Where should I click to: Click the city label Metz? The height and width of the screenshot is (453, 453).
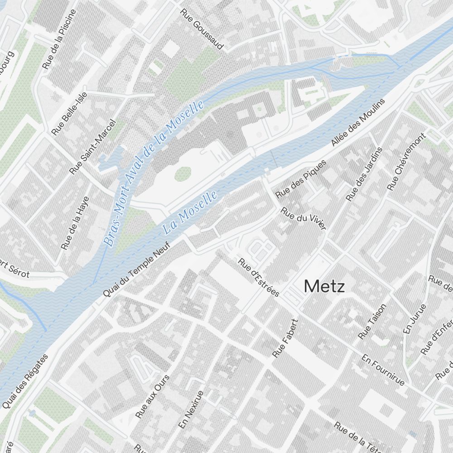click(324, 286)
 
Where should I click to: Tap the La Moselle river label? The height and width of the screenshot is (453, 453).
click(190, 212)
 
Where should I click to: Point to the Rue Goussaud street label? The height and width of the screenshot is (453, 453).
click(202, 29)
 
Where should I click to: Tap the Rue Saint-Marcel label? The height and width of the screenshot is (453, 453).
click(92, 146)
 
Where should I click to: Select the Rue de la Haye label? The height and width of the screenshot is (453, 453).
click(75, 222)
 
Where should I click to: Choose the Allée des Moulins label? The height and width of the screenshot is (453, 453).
click(358, 122)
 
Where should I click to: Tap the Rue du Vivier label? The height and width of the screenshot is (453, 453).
click(304, 218)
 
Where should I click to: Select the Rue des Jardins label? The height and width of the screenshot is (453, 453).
click(364, 174)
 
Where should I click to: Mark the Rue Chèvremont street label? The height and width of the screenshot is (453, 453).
click(407, 161)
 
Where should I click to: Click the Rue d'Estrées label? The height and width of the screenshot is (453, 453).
click(259, 277)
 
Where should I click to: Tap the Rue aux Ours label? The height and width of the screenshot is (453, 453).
click(152, 396)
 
